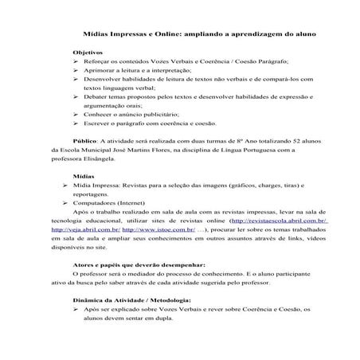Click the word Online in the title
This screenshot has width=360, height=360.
coord(166,35)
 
